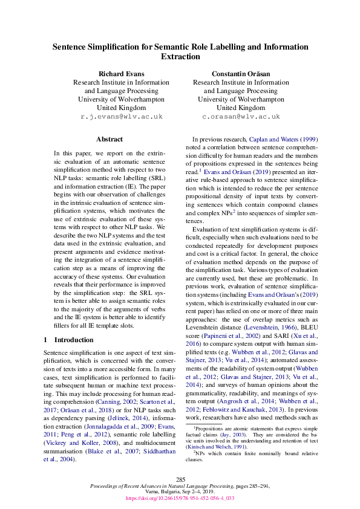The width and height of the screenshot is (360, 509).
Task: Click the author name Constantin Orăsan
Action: tap(241, 73)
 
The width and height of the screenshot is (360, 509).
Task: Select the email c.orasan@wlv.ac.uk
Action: tap(241, 116)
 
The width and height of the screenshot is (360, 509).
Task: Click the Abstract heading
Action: tap(110, 139)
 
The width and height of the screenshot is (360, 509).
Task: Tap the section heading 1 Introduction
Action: tap(69, 340)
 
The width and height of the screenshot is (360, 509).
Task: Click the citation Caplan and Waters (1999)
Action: tap(283, 139)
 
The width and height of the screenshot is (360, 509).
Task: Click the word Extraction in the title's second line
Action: tap(180, 56)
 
